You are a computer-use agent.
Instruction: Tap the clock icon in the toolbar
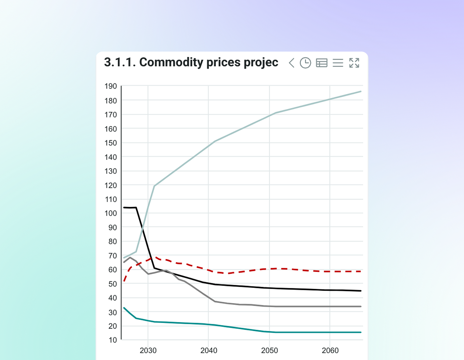[x=305, y=63]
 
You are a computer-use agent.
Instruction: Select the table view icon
[x=322, y=63]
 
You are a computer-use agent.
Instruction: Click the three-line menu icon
[x=338, y=63]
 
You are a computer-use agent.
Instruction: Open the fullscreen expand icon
[x=354, y=63]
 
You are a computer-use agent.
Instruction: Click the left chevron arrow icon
[x=292, y=63]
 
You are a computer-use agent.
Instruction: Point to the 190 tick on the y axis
[x=111, y=86]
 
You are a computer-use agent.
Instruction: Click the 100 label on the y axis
[x=111, y=213]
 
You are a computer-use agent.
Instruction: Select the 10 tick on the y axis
[x=113, y=340]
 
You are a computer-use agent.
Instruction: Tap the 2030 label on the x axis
[x=148, y=351]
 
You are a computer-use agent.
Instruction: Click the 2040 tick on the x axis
[x=209, y=351]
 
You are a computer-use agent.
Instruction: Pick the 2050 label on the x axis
[x=269, y=351]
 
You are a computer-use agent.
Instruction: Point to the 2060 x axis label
[x=330, y=351]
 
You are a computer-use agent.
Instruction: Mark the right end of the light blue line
[x=360, y=92]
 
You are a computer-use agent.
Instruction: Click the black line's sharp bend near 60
[x=154, y=268]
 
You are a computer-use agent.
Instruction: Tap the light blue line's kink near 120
[x=154, y=186]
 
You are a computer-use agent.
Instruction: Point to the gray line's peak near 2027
[x=130, y=258]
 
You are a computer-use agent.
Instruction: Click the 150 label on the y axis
[x=111, y=143]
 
